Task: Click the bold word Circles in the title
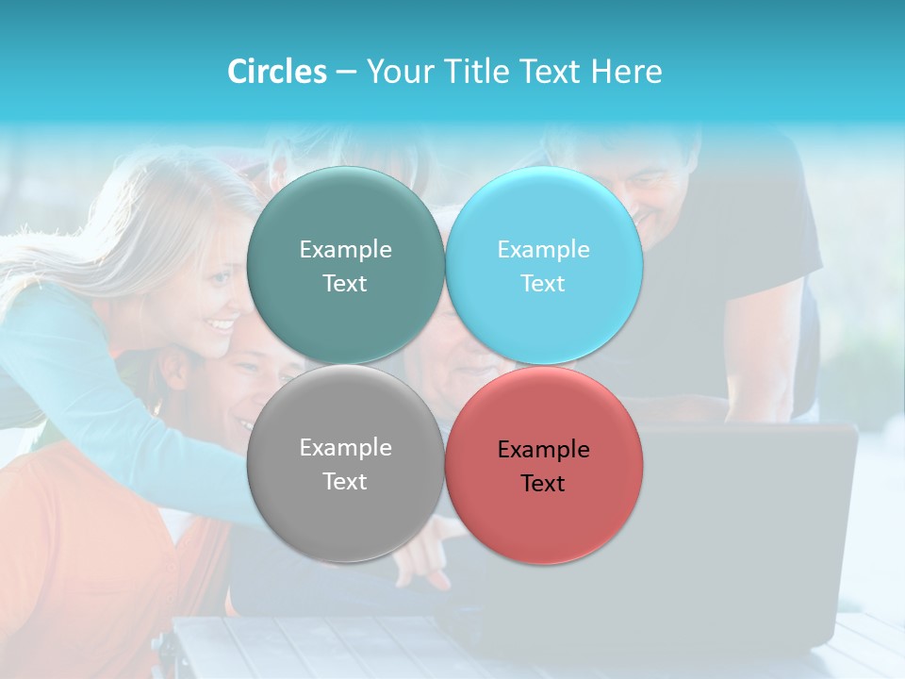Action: tap(277, 72)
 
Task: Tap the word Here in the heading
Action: tap(628, 72)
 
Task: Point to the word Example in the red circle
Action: tap(543, 450)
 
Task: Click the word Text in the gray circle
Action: tap(345, 481)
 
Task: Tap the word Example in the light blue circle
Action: tap(543, 250)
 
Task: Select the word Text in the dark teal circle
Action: tap(345, 283)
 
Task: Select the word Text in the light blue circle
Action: tap(543, 283)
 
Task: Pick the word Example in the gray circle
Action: tap(345, 448)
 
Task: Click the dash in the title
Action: tap(346, 73)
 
